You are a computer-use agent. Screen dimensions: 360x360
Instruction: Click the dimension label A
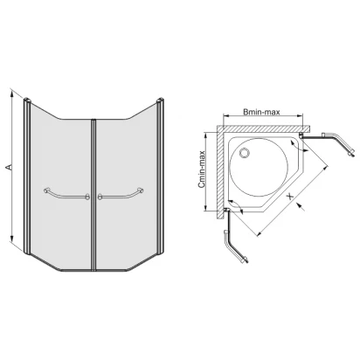click(x=9, y=167)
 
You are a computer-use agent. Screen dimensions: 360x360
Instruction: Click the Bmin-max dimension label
click(x=261, y=112)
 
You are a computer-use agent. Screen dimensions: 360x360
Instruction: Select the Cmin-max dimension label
click(x=202, y=170)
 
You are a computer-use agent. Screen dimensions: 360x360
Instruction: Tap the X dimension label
click(x=290, y=197)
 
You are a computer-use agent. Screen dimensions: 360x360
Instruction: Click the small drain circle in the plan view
click(x=244, y=153)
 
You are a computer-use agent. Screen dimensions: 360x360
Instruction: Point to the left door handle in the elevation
click(x=66, y=194)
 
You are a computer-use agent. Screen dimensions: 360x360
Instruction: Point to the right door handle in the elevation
click(x=121, y=194)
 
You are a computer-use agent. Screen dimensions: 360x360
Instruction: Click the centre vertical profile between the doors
click(x=93, y=195)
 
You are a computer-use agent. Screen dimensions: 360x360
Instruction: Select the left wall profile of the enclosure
click(x=27, y=177)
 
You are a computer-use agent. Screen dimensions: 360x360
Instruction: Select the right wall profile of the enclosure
click(x=160, y=177)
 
